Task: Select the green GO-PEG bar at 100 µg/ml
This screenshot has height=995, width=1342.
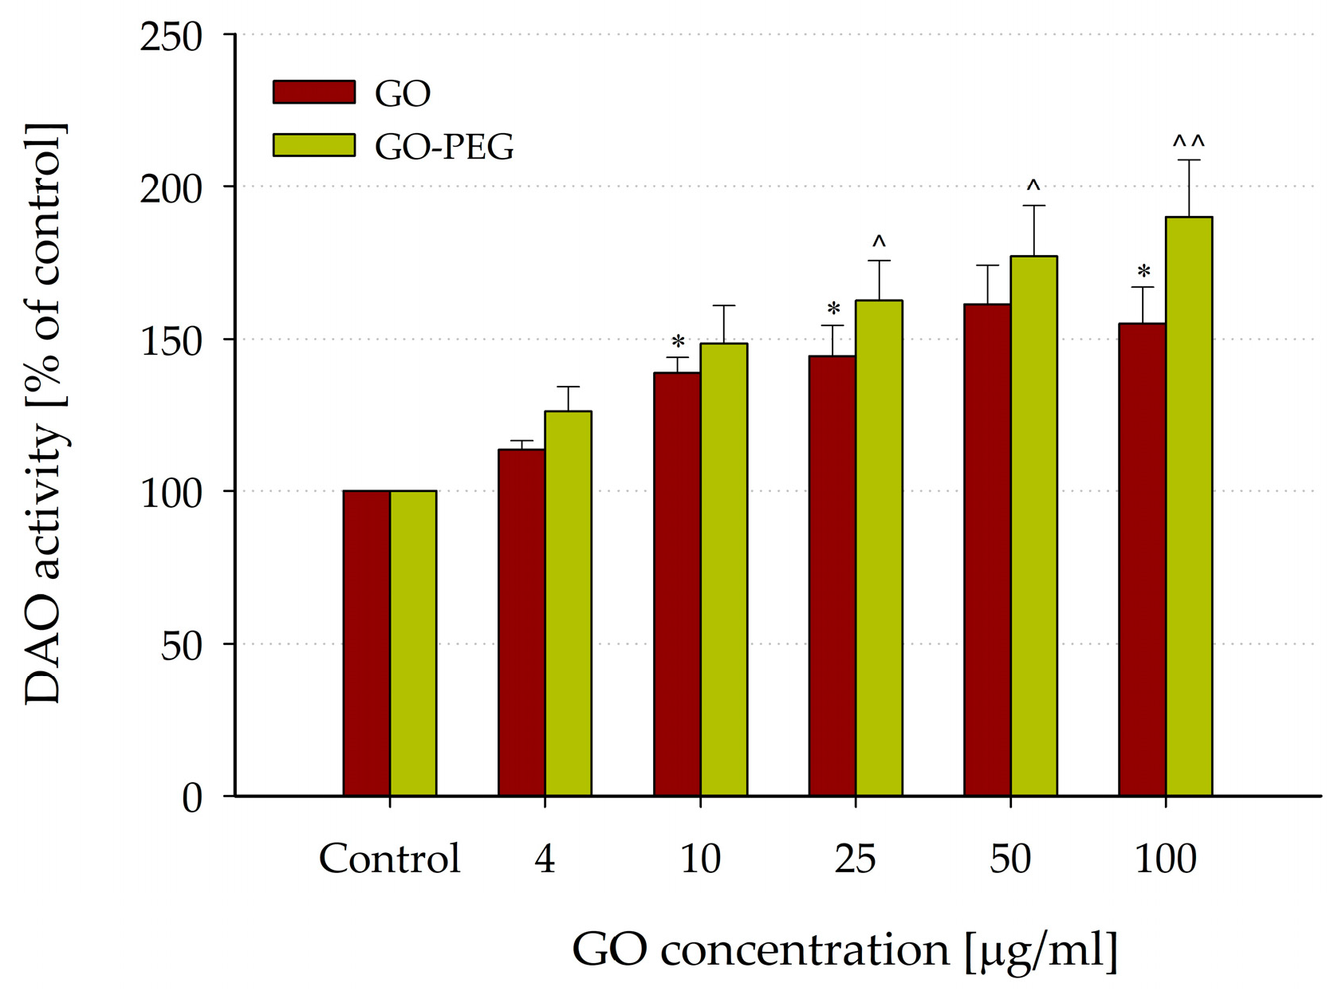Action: (x=1188, y=506)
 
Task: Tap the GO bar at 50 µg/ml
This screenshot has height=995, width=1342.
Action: (x=986, y=550)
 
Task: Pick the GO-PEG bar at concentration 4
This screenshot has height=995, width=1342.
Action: (x=568, y=604)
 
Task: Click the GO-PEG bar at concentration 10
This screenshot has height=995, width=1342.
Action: (x=723, y=569)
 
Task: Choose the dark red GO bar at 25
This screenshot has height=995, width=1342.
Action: (x=832, y=576)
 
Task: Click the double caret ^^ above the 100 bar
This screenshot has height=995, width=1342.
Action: (x=1188, y=143)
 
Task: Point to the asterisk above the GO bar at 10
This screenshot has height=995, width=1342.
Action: (x=678, y=343)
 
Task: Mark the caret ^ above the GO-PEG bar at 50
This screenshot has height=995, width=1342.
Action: (x=1033, y=187)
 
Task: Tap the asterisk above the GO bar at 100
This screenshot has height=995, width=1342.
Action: (x=1143, y=273)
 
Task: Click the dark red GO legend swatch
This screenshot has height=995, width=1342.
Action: (x=313, y=92)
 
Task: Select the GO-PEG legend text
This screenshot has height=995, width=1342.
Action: (x=444, y=146)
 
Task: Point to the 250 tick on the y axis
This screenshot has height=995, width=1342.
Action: (x=171, y=37)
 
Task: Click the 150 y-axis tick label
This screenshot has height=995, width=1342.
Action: (x=171, y=341)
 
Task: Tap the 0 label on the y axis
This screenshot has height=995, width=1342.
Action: (x=191, y=797)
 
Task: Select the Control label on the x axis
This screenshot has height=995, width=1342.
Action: (x=389, y=859)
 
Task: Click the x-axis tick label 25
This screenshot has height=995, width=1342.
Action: (x=855, y=859)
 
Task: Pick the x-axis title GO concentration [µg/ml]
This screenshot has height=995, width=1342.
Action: (x=844, y=950)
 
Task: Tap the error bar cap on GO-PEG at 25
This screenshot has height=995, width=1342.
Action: (x=879, y=261)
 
